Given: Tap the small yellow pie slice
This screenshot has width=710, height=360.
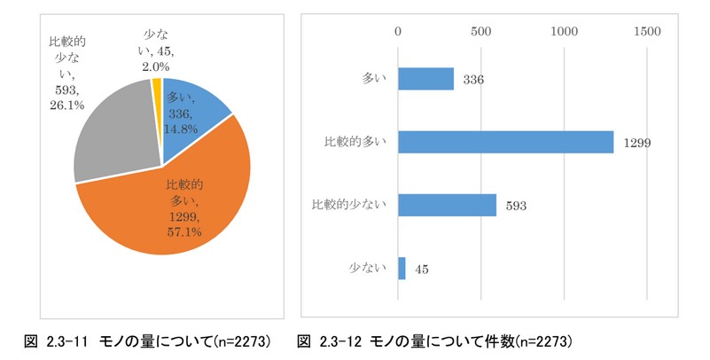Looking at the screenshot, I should click(158, 89).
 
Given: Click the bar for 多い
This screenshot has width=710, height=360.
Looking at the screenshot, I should click(425, 79).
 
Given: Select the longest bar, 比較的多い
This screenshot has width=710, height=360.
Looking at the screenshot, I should click(505, 142).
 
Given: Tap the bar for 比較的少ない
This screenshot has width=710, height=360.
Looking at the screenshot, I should click(447, 205).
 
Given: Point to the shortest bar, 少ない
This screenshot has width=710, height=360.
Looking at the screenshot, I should click(402, 268).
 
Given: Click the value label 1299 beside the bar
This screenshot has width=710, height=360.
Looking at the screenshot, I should click(636, 143).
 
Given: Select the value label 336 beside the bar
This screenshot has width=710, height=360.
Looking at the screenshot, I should click(472, 81).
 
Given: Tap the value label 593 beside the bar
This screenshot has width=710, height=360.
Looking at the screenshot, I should click(516, 206).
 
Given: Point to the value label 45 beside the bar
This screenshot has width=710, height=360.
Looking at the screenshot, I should click(421, 269).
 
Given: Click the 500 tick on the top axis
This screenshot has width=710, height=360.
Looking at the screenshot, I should click(481, 31).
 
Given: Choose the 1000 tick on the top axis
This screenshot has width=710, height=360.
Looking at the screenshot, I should click(565, 31).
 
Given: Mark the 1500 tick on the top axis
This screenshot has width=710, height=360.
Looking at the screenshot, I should click(647, 31).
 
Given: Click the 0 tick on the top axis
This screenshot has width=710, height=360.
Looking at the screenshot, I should click(399, 31).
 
